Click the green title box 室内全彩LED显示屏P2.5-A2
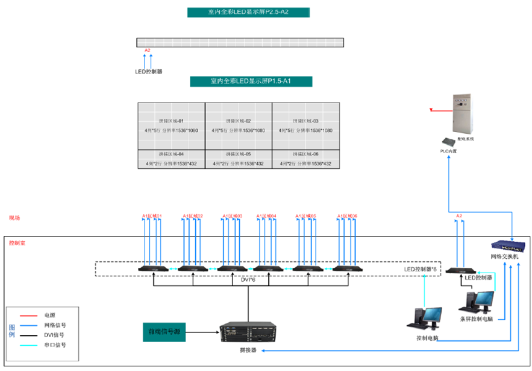point(249,13)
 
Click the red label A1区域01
point(152,216)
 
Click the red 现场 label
point(14,217)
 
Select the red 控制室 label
point(17,243)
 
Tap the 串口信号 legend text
point(55,345)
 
